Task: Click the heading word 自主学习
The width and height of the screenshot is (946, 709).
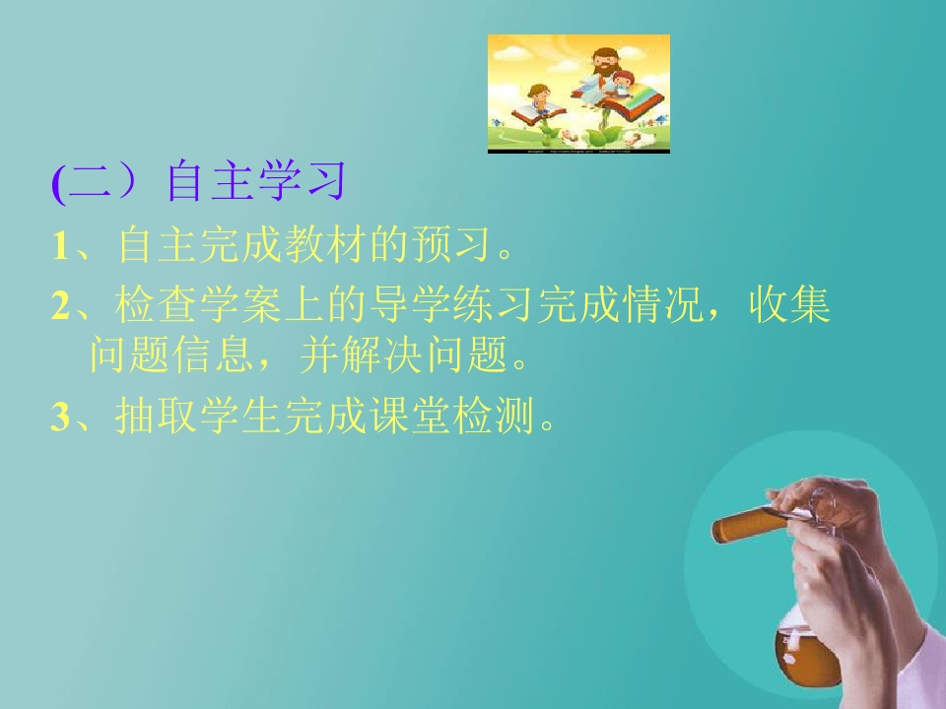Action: click(256, 183)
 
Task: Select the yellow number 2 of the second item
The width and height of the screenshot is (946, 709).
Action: click(59, 307)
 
